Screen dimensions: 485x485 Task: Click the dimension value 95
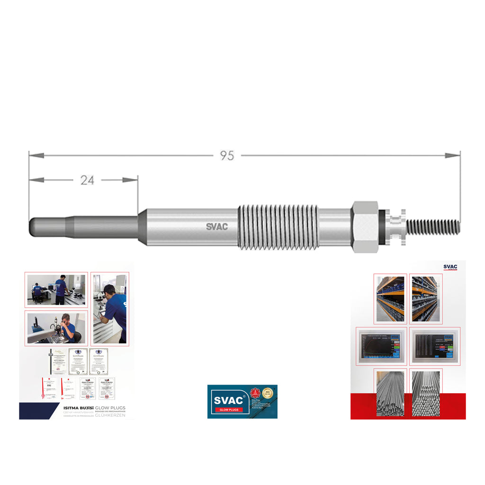tap(227, 156)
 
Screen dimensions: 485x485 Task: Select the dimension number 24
tap(87, 180)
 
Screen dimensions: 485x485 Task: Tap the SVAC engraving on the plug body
tap(216, 226)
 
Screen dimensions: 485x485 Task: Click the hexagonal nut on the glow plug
tap(365, 226)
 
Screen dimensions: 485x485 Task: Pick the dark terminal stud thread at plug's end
tap(434, 226)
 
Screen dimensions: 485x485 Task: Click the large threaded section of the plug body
tap(278, 226)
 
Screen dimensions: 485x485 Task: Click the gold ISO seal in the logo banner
tap(268, 393)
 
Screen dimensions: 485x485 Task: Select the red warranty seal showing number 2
tap(255, 393)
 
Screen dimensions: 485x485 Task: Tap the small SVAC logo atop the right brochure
tap(450, 267)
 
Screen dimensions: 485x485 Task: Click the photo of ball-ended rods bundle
tap(426, 393)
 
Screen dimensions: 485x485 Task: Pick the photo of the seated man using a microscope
tap(56, 327)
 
